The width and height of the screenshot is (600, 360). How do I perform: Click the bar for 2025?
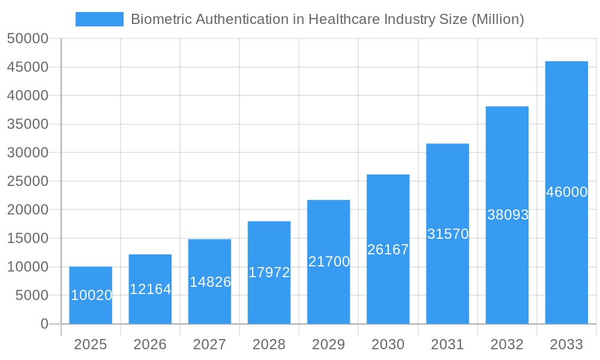click(x=91, y=295)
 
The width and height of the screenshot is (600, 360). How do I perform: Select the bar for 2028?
click(x=269, y=272)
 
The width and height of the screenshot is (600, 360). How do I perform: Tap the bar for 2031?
click(x=448, y=234)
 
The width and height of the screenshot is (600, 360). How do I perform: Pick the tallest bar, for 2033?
click(x=566, y=192)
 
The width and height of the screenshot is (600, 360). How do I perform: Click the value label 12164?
click(x=151, y=289)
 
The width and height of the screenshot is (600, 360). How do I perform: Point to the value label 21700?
click(x=329, y=262)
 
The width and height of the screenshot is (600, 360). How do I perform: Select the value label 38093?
click(x=508, y=215)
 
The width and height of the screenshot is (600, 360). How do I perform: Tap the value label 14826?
click(x=210, y=282)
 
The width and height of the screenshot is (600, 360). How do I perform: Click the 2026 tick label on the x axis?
click(x=150, y=344)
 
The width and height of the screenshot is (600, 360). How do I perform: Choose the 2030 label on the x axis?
click(x=388, y=344)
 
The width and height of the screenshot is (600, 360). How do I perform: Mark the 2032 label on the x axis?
click(x=507, y=344)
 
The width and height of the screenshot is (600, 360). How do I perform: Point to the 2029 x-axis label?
click(x=329, y=344)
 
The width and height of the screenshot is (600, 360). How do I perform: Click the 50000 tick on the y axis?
click(x=28, y=38)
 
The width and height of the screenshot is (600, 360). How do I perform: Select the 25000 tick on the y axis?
click(x=28, y=181)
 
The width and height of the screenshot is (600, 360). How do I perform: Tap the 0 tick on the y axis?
click(x=44, y=324)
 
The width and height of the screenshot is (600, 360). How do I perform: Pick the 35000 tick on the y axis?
click(x=28, y=124)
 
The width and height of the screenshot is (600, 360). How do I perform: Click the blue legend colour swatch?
click(x=99, y=19)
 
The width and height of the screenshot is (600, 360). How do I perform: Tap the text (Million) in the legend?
click(x=498, y=19)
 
